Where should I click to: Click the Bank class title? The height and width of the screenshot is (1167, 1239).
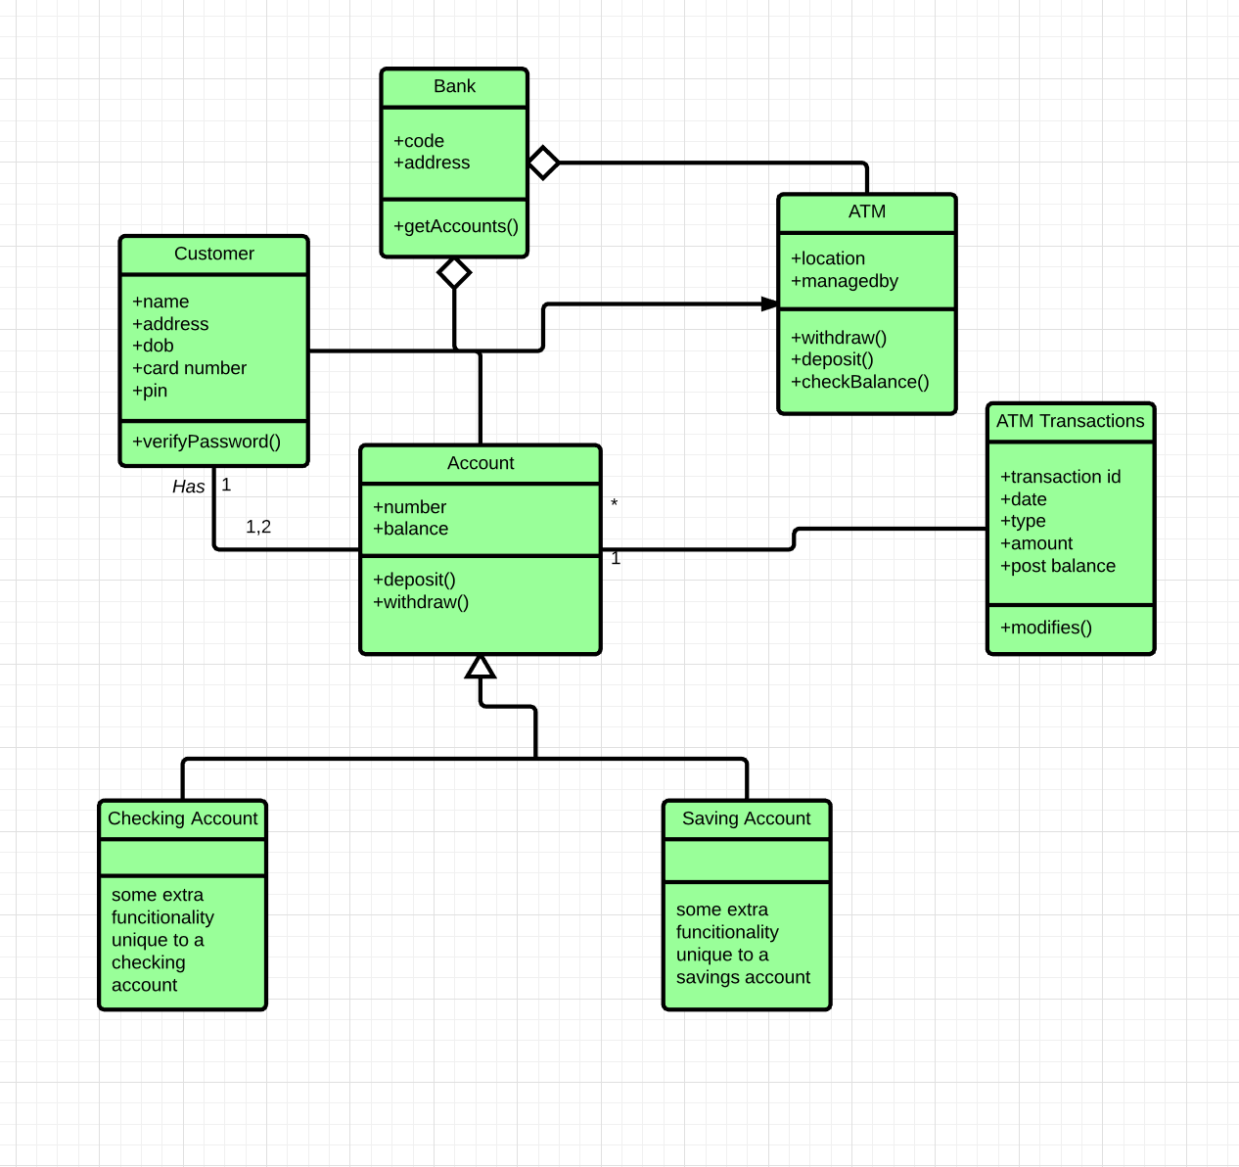(x=454, y=86)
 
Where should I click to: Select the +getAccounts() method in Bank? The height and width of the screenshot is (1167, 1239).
(x=456, y=226)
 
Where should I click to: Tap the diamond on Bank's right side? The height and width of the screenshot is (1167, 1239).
(x=543, y=163)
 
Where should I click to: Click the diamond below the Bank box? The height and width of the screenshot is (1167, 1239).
(x=454, y=272)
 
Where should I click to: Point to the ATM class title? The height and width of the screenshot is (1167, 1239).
(x=866, y=211)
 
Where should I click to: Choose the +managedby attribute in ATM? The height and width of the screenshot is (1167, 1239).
(x=845, y=281)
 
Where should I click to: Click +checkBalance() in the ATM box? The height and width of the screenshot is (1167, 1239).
(x=859, y=382)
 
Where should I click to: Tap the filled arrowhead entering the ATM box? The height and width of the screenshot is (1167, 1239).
(x=769, y=304)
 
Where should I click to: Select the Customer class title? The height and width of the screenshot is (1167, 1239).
(x=213, y=254)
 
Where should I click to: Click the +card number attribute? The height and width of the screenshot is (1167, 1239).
(x=190, y=368)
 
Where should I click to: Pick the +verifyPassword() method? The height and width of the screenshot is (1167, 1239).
(x=206, y=442)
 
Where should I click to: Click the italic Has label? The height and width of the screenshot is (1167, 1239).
(x=188, y=487)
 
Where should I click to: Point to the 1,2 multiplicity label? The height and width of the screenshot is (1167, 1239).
(x=258, y=527)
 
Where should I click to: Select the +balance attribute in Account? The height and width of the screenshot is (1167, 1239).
(x=411, y=529)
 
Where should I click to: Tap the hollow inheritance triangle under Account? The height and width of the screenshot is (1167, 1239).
(x=481, y=668)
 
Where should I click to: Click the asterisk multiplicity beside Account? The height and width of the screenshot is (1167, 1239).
(x=614, y=504)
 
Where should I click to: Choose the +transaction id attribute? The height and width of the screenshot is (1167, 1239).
(x=1060, y=477)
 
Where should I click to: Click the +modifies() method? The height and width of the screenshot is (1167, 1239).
(x=1045, y=628)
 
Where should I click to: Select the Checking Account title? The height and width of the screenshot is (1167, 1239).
(x=182, y=818)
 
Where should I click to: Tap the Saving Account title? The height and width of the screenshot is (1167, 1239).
(x=746, y=818)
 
